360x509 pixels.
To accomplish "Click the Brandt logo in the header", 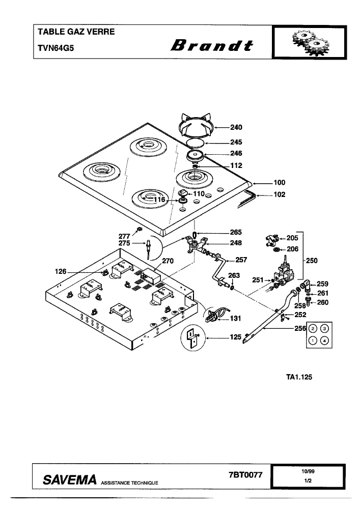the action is pos(212,45).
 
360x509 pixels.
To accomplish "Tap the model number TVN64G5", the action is pos(56,48).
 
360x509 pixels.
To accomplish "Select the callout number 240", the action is pos(236,127).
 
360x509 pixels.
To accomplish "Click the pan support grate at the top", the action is pos(196,126).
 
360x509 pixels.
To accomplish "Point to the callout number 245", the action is pos(236,142).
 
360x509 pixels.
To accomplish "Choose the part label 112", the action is pos(236,165).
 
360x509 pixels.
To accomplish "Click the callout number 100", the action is pos(280,183).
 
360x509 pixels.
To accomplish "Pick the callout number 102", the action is pos(280,195).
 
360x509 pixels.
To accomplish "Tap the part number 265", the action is pos(236,233).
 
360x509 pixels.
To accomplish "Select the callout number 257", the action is pos(241,260).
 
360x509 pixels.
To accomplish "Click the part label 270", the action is pos(168,261).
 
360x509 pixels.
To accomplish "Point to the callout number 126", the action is pos(61,272).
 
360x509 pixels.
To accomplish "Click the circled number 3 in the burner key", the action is pos(325,329).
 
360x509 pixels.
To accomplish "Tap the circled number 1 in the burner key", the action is pos(313,341).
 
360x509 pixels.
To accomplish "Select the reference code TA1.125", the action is pos(299,377).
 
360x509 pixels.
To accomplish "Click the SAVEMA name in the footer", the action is pos(70,479).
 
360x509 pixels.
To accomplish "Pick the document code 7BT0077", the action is pos(245,475).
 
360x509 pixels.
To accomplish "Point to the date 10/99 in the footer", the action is pos(308,472).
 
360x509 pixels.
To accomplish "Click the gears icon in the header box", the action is pos(310,43).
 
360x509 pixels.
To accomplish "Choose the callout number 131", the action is pos(236,319).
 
